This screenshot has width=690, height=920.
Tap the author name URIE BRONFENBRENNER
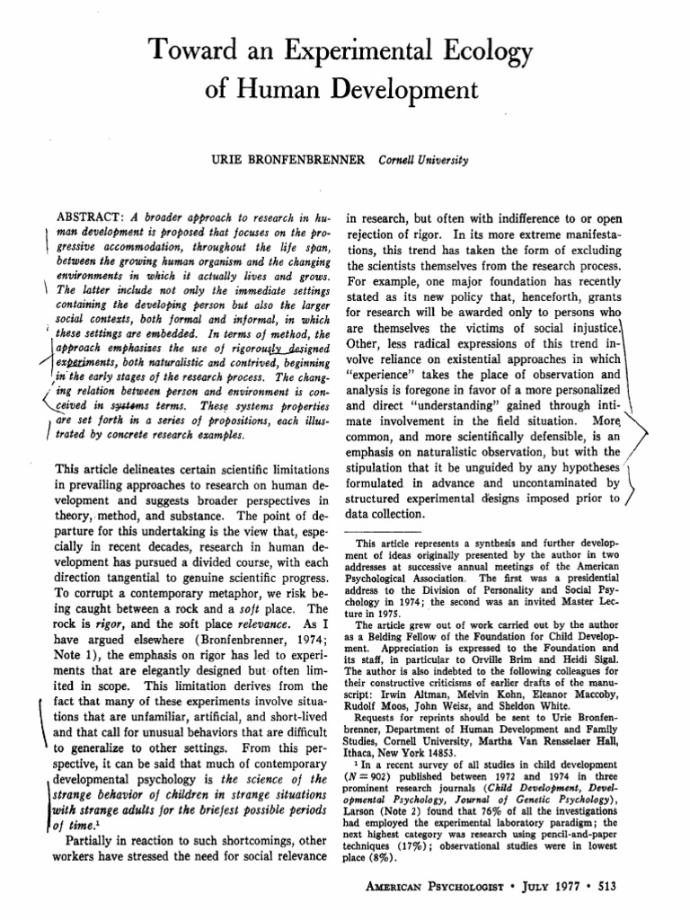287,159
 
